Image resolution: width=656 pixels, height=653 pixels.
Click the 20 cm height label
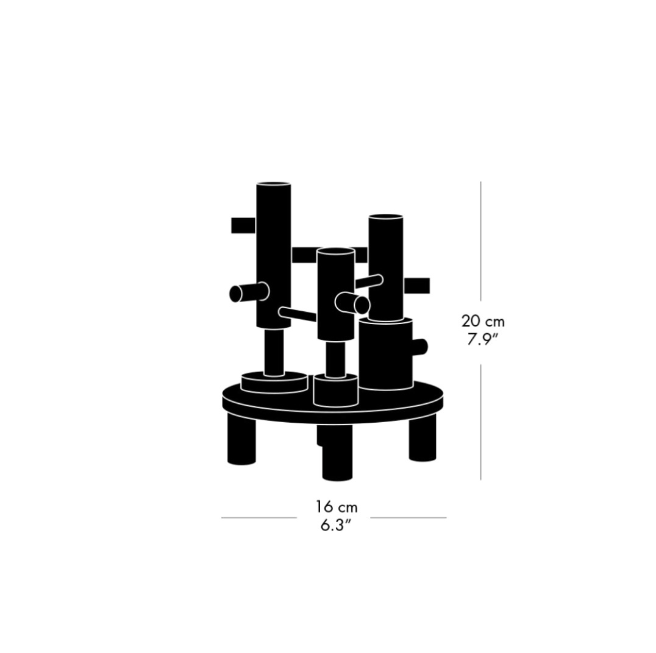coord(483,321)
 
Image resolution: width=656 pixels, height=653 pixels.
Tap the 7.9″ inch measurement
coord(483,340)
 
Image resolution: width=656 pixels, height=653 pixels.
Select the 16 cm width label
coord(337,507)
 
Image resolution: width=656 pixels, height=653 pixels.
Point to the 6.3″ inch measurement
coord(335,525)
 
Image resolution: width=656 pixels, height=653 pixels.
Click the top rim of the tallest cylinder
coord(274,184)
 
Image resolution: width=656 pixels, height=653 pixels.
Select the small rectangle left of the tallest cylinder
coord(243,225)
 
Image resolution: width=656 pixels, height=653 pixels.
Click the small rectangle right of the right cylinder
coord(416,286)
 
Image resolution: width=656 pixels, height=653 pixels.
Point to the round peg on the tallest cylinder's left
coord(249,292)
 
